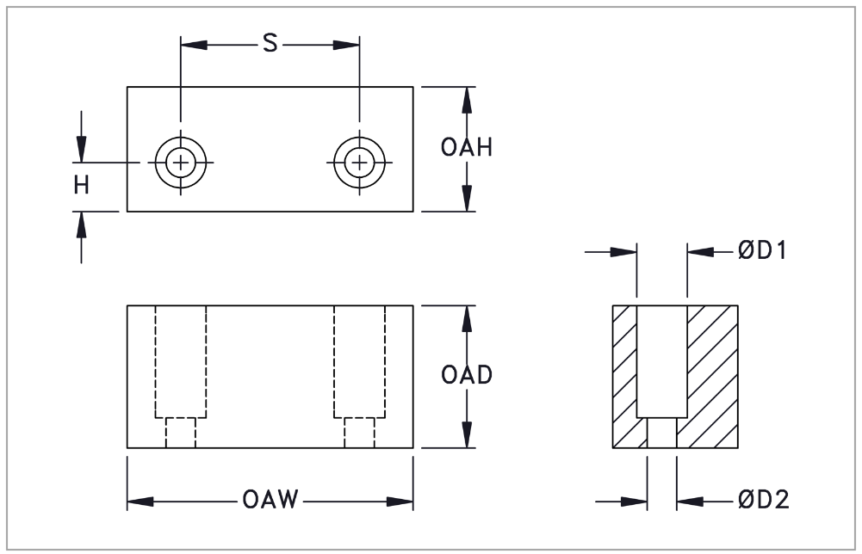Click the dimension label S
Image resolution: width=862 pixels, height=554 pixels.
(x=270, y=44)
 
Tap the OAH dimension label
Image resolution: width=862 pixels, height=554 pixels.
(x=466, y=148)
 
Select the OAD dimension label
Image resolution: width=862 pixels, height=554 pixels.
(x=466, y=376)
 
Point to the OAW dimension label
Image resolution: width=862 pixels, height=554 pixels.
(x=270, y=502)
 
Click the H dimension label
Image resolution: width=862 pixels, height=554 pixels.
(x=81, y=185)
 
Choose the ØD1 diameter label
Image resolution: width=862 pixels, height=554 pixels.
(x=763, y=252)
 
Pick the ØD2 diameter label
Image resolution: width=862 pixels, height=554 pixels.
(x=763, y=500)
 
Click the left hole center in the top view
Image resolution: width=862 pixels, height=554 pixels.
(x=181, y=162)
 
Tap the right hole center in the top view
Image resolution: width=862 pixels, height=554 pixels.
(x=359, y=162)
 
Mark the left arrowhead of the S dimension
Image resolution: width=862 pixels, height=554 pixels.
(x=191, y=44)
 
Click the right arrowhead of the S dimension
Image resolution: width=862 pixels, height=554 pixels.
(x=348, y=44)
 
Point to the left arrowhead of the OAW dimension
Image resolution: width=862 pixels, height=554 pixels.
(x=140, y=502)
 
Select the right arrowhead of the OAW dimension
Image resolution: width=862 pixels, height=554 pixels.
(x=401, y=502)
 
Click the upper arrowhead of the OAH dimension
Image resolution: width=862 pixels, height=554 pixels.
(x=466, y=98)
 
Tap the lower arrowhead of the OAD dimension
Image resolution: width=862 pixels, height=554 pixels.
(x=466, y=436)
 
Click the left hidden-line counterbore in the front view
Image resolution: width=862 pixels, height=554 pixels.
(x=181, y=361)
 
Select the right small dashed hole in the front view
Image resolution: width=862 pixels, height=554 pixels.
(x=359, y=433)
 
